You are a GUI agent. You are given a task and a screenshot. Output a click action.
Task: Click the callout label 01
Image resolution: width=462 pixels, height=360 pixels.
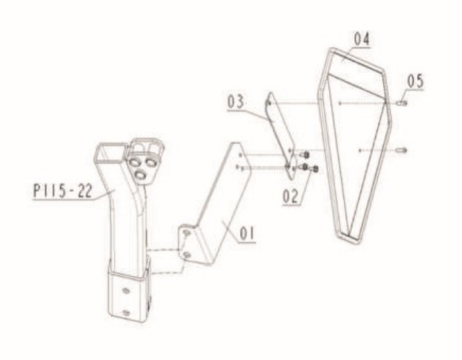point(247,234)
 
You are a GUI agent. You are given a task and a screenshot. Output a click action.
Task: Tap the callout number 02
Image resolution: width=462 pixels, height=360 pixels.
point(290,196)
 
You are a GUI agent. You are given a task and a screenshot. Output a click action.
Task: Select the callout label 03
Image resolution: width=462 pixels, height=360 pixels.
point(236,102)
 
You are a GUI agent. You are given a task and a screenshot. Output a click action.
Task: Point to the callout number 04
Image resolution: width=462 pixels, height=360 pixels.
point(362,39)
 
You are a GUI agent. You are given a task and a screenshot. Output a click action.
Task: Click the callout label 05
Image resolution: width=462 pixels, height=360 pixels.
point(415,81)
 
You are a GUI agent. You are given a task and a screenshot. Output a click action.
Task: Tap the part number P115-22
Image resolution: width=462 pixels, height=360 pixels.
point(63,191)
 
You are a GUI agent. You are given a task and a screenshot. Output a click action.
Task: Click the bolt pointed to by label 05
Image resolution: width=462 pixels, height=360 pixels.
point(403,104)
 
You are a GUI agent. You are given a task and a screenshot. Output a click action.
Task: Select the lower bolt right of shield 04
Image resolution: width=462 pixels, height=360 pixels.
point(403,150)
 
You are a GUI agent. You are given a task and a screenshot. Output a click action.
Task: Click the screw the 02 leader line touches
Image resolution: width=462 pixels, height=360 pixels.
point(315,169)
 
